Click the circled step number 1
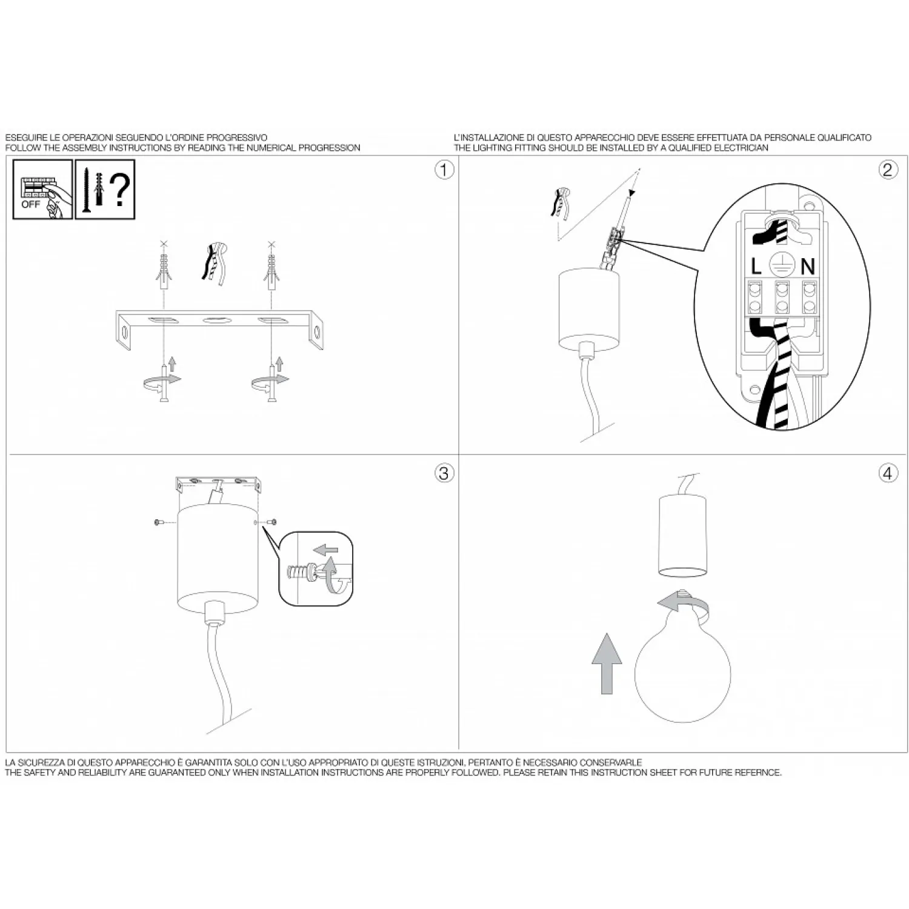tap(444, 170)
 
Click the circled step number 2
tap(888, 170)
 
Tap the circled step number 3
tap(444, 473)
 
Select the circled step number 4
tap(888, 473)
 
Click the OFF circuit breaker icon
tap(42, 189)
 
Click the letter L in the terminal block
tap(756, 267)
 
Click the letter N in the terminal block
tap(808, 267)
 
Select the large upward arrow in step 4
tap(607, 664)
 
